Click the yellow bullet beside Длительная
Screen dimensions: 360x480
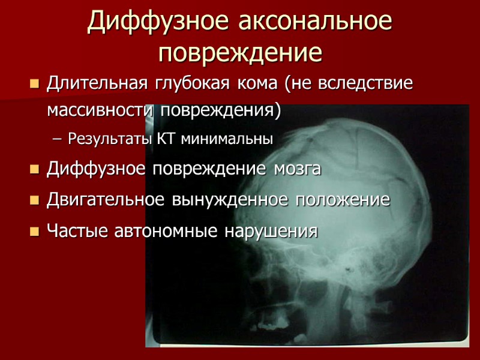[34, 83]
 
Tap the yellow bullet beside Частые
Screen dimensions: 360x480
[34, 231]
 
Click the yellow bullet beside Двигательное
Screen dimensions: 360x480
[34, 200]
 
